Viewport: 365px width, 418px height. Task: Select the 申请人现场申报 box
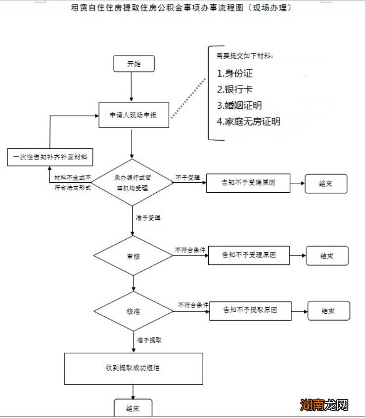[133, 115]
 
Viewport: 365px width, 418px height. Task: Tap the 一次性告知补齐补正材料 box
[50, 157]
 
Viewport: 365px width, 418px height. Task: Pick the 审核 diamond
[133, 256]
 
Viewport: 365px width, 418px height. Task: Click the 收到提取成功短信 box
[134, 368]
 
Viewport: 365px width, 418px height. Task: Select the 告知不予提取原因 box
[250, 311]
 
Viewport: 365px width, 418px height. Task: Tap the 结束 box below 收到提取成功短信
[133, 409]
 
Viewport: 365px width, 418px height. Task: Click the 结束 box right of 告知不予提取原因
[328, 311]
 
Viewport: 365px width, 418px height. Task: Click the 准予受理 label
[148, 217]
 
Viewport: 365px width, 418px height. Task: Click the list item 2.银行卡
[234, 89]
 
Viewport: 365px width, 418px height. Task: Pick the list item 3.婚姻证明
[239, 105]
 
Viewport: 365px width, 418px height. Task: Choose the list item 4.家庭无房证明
[248, 121]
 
